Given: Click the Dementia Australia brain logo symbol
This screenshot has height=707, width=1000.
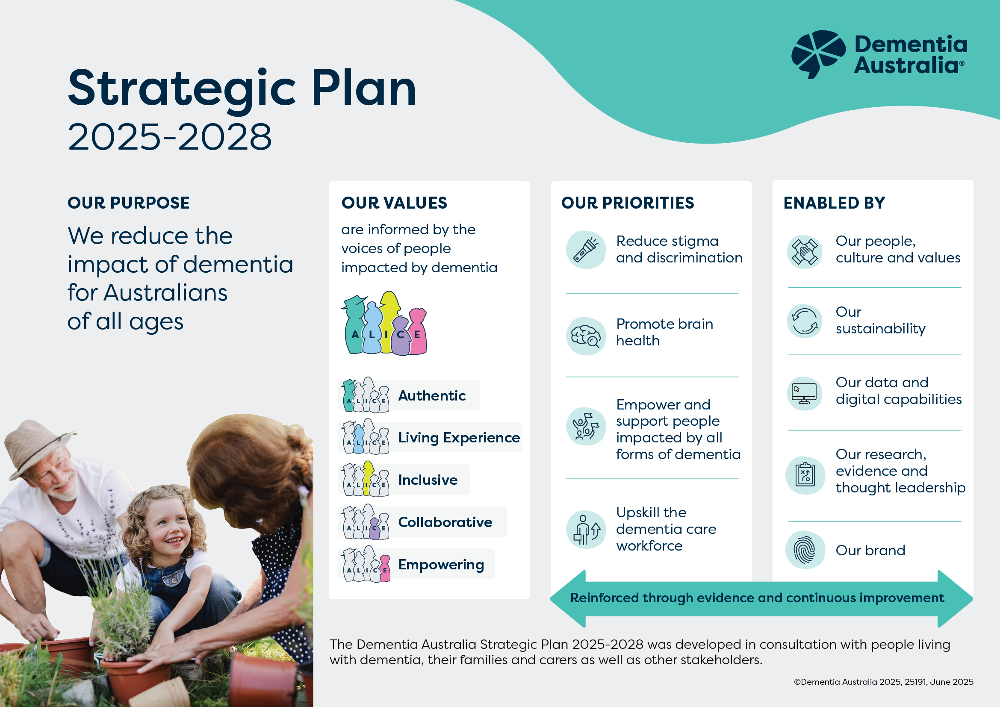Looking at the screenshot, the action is (x=818, y=53).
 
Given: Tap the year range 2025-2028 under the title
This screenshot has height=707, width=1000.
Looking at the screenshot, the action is (x=170, y=137).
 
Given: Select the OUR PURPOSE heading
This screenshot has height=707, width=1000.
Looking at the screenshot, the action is (x=129, y=203).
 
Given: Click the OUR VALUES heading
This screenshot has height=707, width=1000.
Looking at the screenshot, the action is (x=394, y=203).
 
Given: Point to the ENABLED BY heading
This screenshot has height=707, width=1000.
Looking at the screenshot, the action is (x=834, y=203).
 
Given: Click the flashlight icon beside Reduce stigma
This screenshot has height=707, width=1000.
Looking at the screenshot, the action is (x=586, y=250).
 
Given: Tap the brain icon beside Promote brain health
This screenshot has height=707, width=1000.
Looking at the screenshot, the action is (x=586, y=336).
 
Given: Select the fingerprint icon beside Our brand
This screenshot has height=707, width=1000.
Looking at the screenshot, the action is (x=805, y=550).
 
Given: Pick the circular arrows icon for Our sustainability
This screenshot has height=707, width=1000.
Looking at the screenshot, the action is (x=805, y=321).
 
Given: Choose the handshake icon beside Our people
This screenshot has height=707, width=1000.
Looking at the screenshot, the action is (x=805, y=252).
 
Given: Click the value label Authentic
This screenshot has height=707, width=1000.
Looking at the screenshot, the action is (x=432, y=395).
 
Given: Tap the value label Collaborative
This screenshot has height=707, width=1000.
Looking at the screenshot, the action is (x=445, y=522).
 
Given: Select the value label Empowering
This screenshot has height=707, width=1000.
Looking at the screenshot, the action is (x=441, y=565).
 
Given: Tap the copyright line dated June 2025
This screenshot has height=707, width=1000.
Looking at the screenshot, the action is (x=883, y=682).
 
